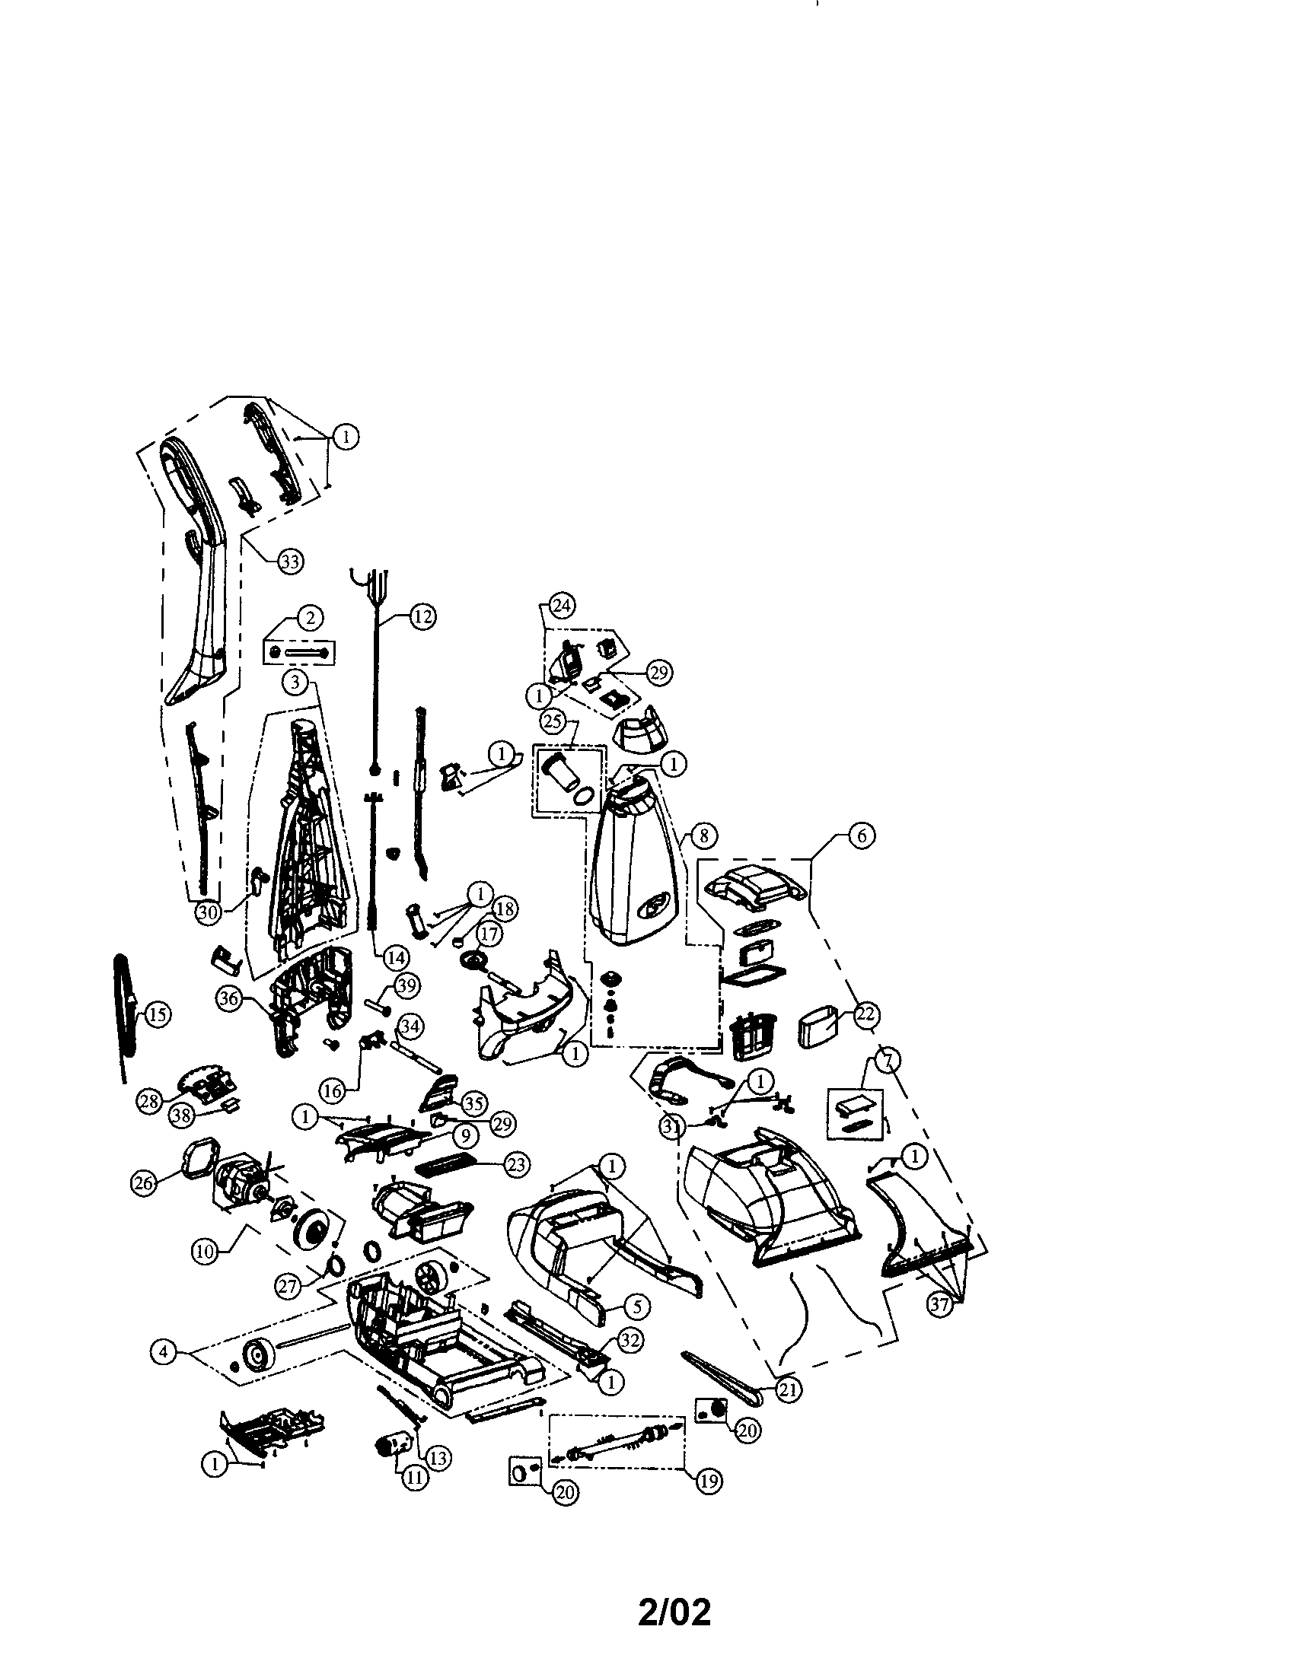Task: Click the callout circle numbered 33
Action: coord(289,562)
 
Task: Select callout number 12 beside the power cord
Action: coord(422,616)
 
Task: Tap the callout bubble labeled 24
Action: coord(562,606)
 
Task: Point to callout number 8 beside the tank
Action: coord(704,835)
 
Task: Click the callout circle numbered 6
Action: coord(862,835)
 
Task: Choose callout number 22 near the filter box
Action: coord(865,1014)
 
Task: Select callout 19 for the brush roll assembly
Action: coord(709,1481)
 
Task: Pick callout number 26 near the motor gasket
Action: coord(143,1182)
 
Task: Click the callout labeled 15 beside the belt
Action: coord(155,1015)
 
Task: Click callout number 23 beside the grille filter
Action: coord(517,1164)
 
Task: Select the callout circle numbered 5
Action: coord(637,1305)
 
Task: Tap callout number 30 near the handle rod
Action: coord(208,913)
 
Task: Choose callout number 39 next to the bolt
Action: coord(406,985)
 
